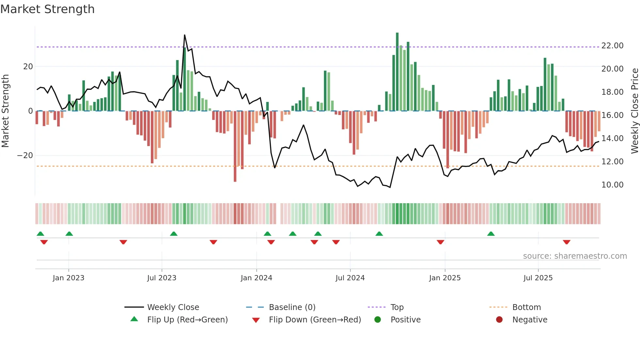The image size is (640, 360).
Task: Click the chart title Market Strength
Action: point(47,9)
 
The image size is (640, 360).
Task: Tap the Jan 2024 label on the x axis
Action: point(256,278)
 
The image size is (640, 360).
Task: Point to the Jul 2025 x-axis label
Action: point(538,278)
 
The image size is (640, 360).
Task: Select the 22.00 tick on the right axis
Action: point(612,46)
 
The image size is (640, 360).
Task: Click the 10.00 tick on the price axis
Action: point(612,185)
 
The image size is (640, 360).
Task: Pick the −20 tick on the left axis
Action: point(25,155)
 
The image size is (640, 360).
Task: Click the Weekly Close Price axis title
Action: point(634,111)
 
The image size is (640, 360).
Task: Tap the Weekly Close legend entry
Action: point(173,307)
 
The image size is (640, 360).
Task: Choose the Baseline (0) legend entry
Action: point(292,307)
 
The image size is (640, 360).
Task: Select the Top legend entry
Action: point(397,307)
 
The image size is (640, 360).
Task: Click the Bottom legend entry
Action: point(526,307)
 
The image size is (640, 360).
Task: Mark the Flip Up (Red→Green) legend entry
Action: point(187,320)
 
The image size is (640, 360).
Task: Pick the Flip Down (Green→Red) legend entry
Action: point(315,320)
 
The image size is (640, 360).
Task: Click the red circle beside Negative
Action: point(499,319)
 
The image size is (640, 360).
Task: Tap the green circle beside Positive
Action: point(377,319)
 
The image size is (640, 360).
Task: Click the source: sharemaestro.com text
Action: point(575,256)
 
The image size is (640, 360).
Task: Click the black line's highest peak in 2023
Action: point(184,35)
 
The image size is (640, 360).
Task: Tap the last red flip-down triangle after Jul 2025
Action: point(567,242)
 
